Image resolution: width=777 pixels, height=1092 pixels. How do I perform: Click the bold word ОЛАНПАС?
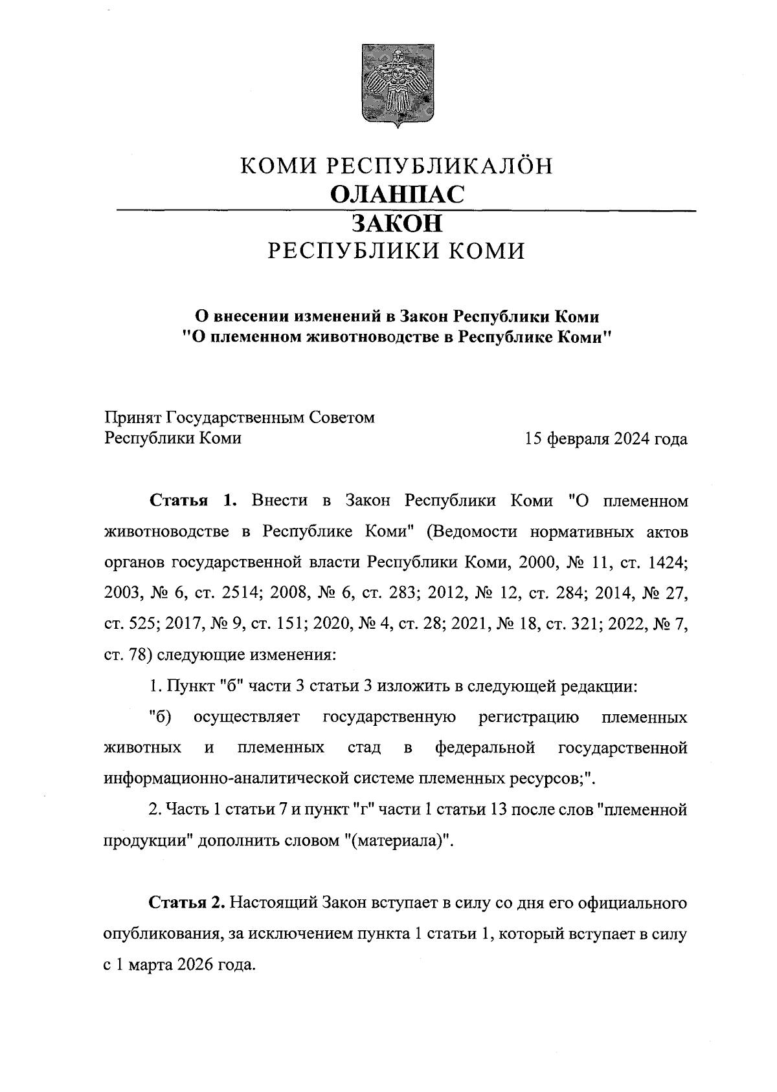(x=397, y=194)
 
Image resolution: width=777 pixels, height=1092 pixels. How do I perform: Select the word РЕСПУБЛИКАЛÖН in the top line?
(x=438, y=166)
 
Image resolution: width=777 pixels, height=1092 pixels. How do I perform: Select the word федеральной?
(x=485, y=748)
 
